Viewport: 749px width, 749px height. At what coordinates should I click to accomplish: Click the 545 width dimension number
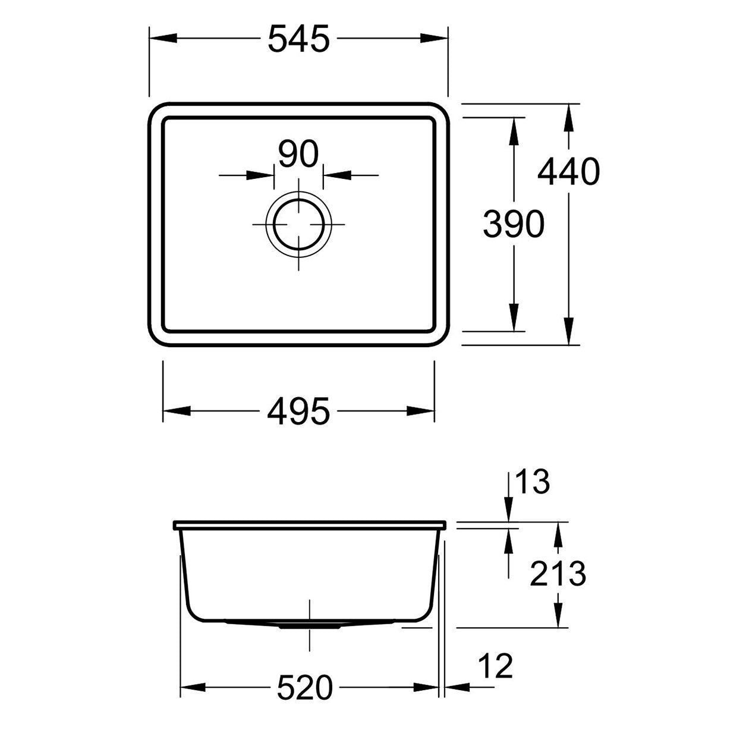298,39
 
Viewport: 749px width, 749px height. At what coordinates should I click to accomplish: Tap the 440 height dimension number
568,171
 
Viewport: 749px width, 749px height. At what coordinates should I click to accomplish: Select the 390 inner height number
514,224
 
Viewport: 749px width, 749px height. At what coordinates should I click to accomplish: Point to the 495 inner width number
298,411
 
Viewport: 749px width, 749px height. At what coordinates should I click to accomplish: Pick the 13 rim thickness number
532,482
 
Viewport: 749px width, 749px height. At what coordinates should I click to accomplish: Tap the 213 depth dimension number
558,574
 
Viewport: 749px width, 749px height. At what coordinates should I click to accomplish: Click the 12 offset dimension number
496,666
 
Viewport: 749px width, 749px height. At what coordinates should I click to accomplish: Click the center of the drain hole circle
298,224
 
